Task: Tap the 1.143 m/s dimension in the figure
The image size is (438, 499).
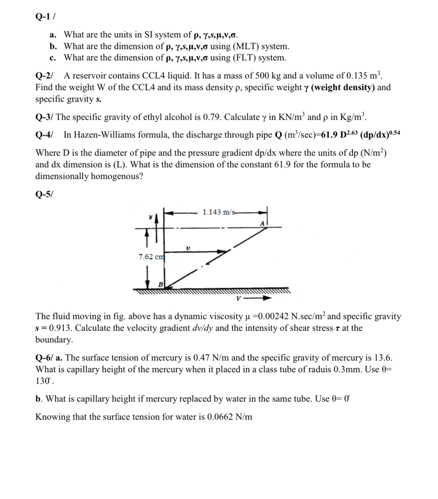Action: pyautogui.click(x=217, y=212)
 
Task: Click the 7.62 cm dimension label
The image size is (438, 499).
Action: pyautogui.click(x=151, y=257)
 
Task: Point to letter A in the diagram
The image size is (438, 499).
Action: pyautogui.click(x=262, y=223)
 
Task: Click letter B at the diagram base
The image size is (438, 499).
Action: pyautogui.click(x=160, y=284)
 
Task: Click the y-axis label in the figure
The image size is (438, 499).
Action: pyautogui.click(x=150, y=217)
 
